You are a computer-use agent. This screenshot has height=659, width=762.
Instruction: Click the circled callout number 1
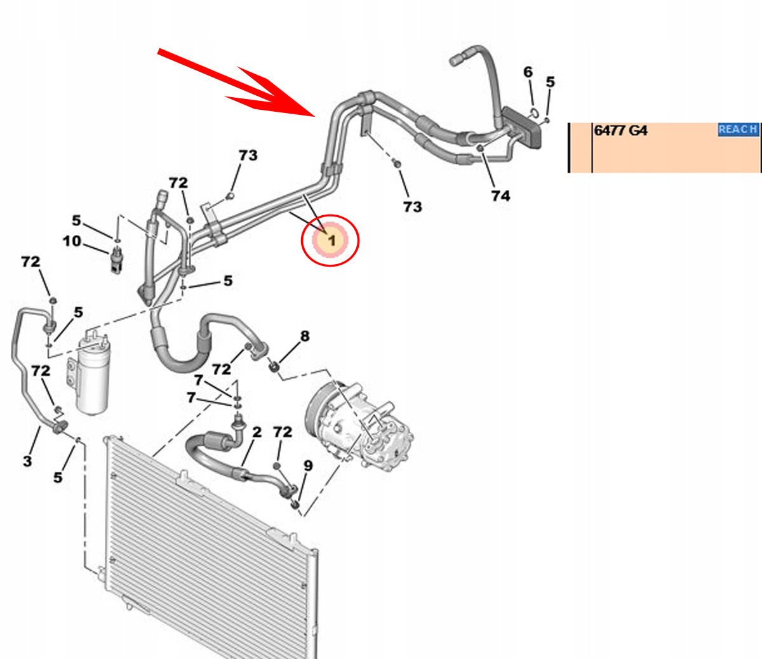tap(331, 241)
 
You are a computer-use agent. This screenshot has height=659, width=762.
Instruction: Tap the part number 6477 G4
tap(620, 131)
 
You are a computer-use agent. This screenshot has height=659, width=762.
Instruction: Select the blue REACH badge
tap(738, 130)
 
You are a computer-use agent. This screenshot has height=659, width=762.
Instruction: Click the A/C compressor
tap(362, 422)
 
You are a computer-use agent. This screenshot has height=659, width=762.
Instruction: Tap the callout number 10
tap(72, 241)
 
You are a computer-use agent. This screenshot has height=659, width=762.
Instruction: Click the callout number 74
tap(500, 196)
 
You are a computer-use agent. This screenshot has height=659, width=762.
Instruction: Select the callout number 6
tap(528, 72)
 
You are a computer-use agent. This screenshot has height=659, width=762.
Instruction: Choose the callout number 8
tap(305, 336)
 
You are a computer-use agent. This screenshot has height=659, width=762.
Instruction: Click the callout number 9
tap(308, 466)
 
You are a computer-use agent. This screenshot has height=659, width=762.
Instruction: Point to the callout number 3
tap(27, 461)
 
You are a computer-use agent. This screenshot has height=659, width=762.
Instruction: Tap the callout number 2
tap(257, 432)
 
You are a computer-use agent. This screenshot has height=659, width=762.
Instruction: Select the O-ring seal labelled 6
tap(534, 113)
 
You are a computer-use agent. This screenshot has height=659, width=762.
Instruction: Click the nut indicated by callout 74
tap(480, 149)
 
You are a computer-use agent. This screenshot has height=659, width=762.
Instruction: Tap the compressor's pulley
tap(321, 413)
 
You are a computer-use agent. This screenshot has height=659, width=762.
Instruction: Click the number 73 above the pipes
tap(248, 155)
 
